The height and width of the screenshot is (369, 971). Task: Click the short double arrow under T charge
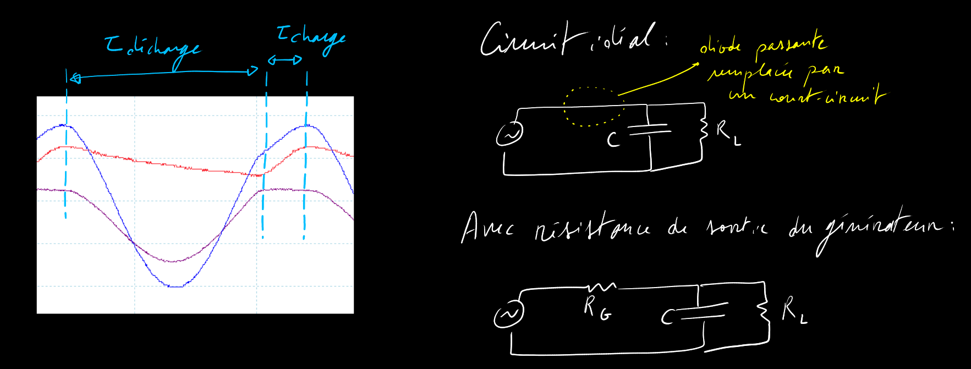[x=285, y=60]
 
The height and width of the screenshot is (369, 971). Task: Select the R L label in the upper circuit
[x=728, y=134]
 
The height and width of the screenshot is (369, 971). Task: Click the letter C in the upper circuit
[x=613, y=140]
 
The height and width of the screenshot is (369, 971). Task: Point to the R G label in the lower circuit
[x=596, y=309]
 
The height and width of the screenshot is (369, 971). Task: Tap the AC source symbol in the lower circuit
[x=508, y=315]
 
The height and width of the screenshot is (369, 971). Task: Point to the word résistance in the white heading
[x=591, y=228]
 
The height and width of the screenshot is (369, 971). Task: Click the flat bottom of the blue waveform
[x=175, y=286]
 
